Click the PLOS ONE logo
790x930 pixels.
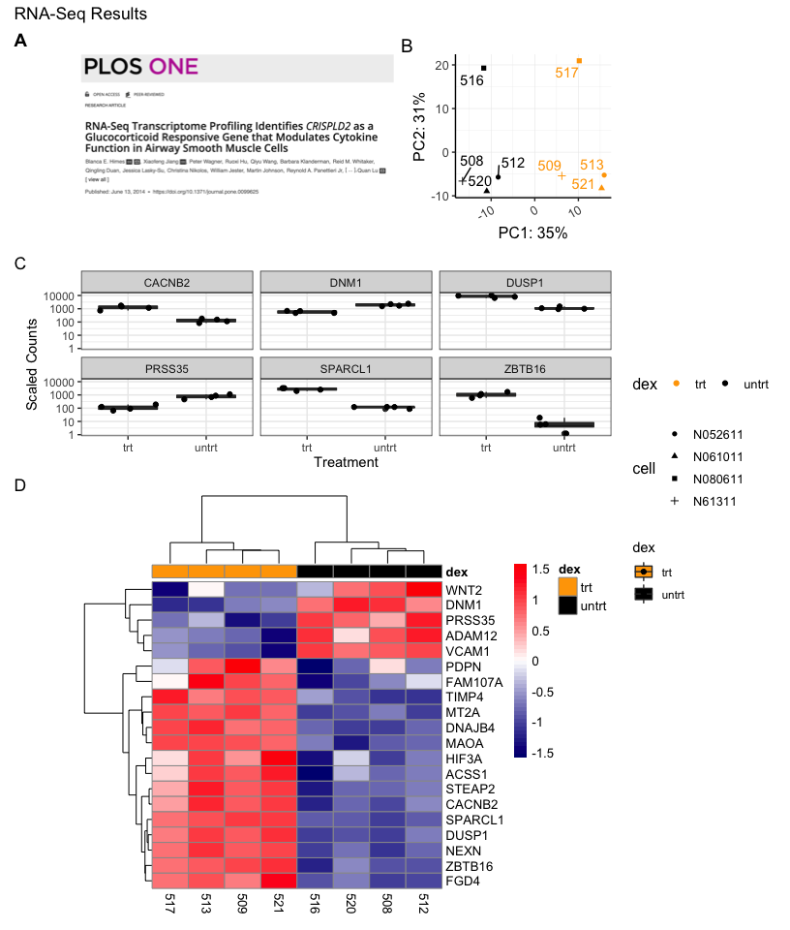pyautogui.click(x=141, y=67)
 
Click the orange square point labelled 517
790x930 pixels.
pyautogui.click(x=579, y=61)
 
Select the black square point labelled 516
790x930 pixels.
pyautogui.click(x=484, y=68)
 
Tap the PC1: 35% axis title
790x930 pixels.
pyautogui.click(x=532, y=232)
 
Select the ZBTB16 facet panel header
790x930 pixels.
pyautogui.click(x=524, y=367)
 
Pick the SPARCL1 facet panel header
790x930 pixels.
pyautogui.click(x=346, y=367)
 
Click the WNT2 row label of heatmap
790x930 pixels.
pyautogui.click(x=466, y=590)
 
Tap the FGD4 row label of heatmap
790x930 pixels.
pyautogui.click(x=464, y=880)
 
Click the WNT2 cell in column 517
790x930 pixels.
pyautogui.click(x=169, y=590)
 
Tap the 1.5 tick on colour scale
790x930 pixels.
pyautogui.click(x=541, y=570)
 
